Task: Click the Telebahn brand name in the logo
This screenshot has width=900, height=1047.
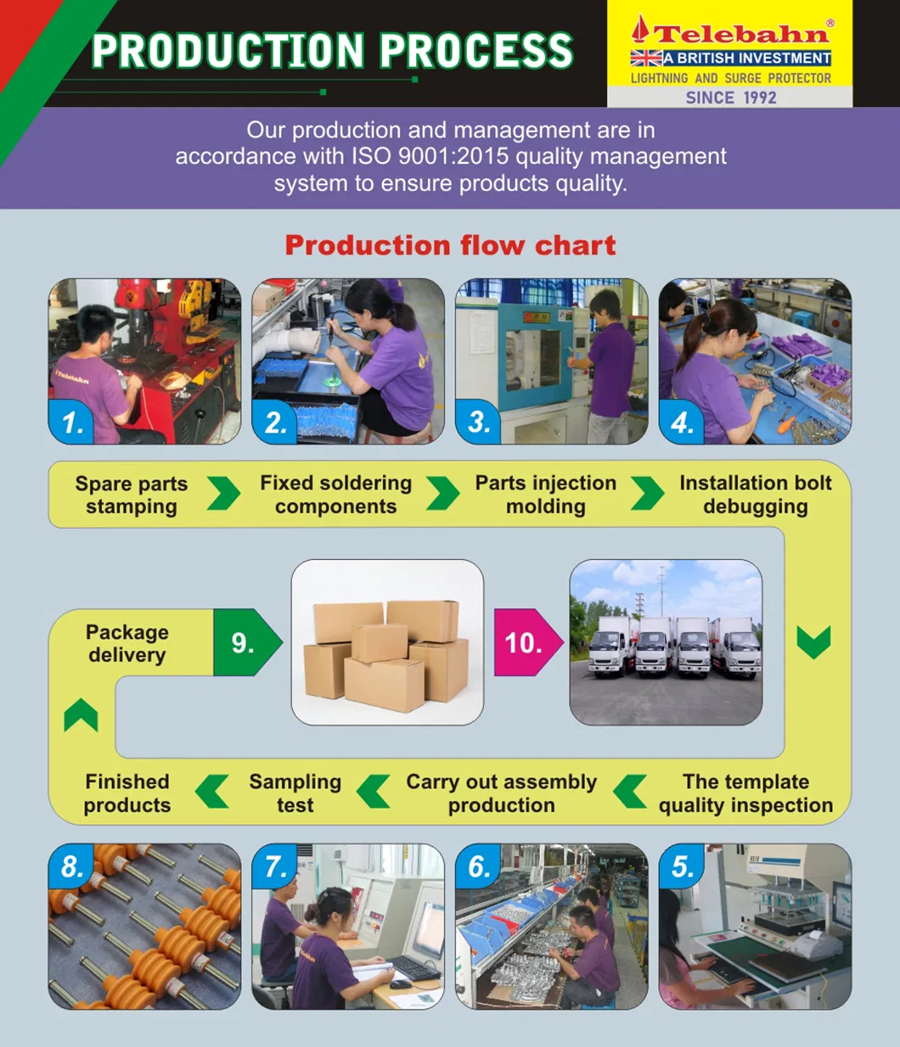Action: coord(740,34)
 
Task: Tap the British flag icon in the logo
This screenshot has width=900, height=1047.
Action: coord(646,58)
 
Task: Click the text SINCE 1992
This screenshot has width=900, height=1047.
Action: coord(730,98)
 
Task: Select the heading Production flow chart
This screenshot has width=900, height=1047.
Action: coord(450,245)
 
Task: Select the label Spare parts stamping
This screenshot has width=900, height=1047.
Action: coord(131,495)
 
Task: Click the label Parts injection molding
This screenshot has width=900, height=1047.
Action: coord(545,495)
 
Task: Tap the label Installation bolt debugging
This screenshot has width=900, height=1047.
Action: coord(755,495)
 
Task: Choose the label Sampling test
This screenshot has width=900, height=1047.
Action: coord(295,793)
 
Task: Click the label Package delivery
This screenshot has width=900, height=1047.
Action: coord(127,643)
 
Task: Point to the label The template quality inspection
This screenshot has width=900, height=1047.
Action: coord(745,793)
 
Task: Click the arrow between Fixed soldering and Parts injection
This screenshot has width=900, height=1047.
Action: coord(442,493)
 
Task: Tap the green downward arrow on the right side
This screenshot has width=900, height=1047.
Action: coord(813,642)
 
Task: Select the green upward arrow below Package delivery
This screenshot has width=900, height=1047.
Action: coord(81,715)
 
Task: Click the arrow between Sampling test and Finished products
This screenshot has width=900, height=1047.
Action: coord(212,792)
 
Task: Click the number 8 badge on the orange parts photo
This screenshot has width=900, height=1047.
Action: coord(71,866)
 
